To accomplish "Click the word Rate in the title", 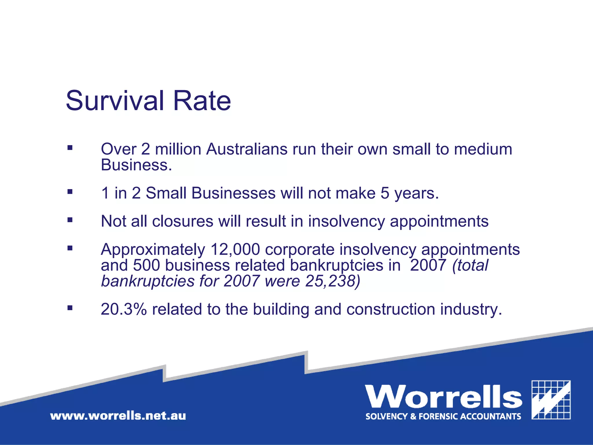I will (202, 101).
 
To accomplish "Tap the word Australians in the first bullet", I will (247, 149).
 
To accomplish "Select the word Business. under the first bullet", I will (136, 165).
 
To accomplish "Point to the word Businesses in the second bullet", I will (233, 193).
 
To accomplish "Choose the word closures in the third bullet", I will (183, 221).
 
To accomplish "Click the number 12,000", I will (235, 249).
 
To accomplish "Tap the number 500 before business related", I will (147, 265).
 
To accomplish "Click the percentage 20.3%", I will (124, 309).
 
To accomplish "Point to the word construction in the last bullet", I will (391, 309).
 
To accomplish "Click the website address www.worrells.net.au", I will (118, 416).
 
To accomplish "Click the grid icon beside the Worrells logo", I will (551, 400).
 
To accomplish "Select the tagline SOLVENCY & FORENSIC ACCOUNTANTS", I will (443, 417).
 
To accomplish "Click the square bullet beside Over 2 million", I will (70, 148).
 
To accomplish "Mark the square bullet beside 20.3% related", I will (70, 308).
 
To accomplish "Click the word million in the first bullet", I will (178, 149).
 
